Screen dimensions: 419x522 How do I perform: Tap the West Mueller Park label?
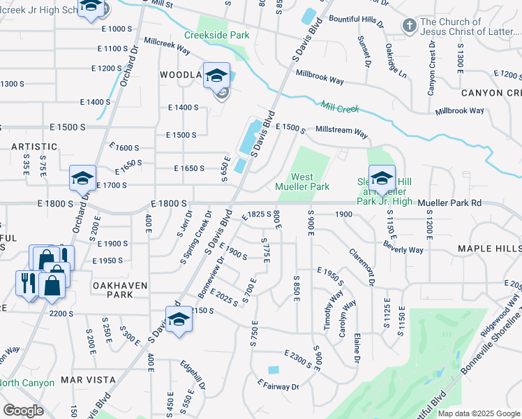(311, 182)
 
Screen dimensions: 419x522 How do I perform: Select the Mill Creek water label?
(339, 108)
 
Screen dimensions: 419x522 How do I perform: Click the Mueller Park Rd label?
(450, 203)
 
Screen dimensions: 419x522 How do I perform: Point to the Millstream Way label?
(341, 131)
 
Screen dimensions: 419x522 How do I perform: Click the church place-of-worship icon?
(409, 27)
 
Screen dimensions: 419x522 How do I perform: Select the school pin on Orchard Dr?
(82, 179)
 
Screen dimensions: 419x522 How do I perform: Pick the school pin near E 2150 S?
(179, 320)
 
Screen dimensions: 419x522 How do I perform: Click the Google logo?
(23, 410)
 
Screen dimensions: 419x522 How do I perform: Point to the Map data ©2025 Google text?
(479, 413)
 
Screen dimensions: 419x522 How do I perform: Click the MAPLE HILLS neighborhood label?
(489, 249)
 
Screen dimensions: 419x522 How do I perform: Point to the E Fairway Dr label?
(278, 385)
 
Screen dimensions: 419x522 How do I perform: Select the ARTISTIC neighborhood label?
(34, 147)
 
